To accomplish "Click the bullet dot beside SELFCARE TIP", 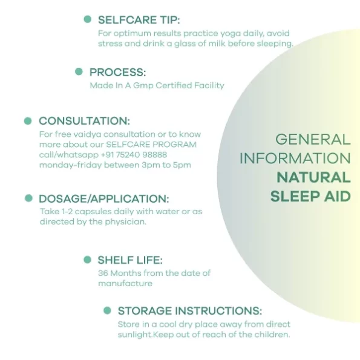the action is (x=88, y=19).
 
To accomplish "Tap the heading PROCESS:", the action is (x=117, y=73).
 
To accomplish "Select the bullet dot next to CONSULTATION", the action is (x=28, y=121).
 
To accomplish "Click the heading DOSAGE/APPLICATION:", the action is (x=104, y=199).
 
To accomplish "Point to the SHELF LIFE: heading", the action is (x=130, y=260).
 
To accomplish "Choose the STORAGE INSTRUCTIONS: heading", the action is (x=189, y=311).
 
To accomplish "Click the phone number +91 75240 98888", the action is (x=134, y=155).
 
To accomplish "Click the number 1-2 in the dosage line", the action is (x=67, y=211).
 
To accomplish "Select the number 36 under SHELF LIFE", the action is (x=103, y=273).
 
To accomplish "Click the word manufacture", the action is (x=125, y=284).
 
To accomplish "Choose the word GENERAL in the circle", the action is (x=313, y=139).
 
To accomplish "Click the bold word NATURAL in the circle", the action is (x=313, y=177).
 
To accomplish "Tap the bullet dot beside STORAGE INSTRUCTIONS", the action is (x=107, y=310).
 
